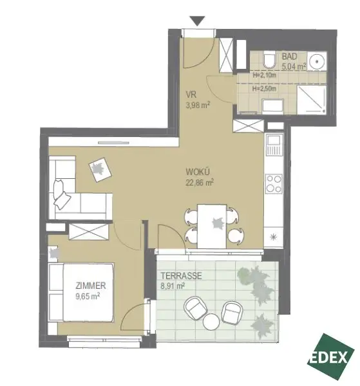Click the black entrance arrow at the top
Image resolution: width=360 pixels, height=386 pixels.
[x=199, y=21]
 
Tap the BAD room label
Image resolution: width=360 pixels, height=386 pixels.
[x=289, y=57]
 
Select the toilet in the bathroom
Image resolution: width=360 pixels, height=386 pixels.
[x=269, y=61]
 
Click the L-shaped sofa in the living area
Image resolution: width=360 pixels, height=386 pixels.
[x=74, y=193]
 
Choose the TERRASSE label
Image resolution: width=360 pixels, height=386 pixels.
[x=181, y=276]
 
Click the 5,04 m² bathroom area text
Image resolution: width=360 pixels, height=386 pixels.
[x=294, y=65]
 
